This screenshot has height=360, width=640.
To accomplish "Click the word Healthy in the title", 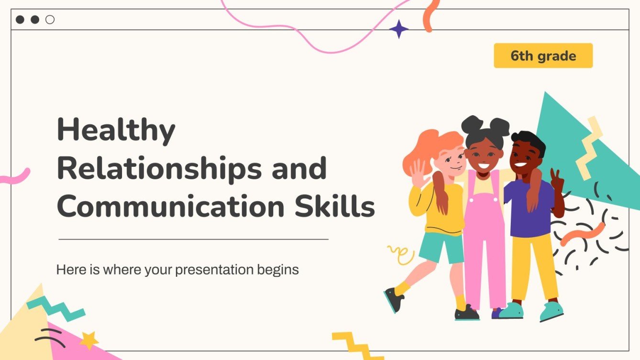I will [x=116, y=130].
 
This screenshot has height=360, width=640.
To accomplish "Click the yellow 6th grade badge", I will [x=543, y=56].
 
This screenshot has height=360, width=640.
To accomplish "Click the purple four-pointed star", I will [x=399, y=29].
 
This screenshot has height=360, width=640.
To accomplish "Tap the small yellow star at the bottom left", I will [x=88, y=340].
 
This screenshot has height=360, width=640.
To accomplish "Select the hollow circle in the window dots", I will [x=50, y=20].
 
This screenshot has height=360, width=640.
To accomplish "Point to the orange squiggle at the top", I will [x=432, y=15].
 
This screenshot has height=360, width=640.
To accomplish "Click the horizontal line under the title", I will [x=193, y=239].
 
